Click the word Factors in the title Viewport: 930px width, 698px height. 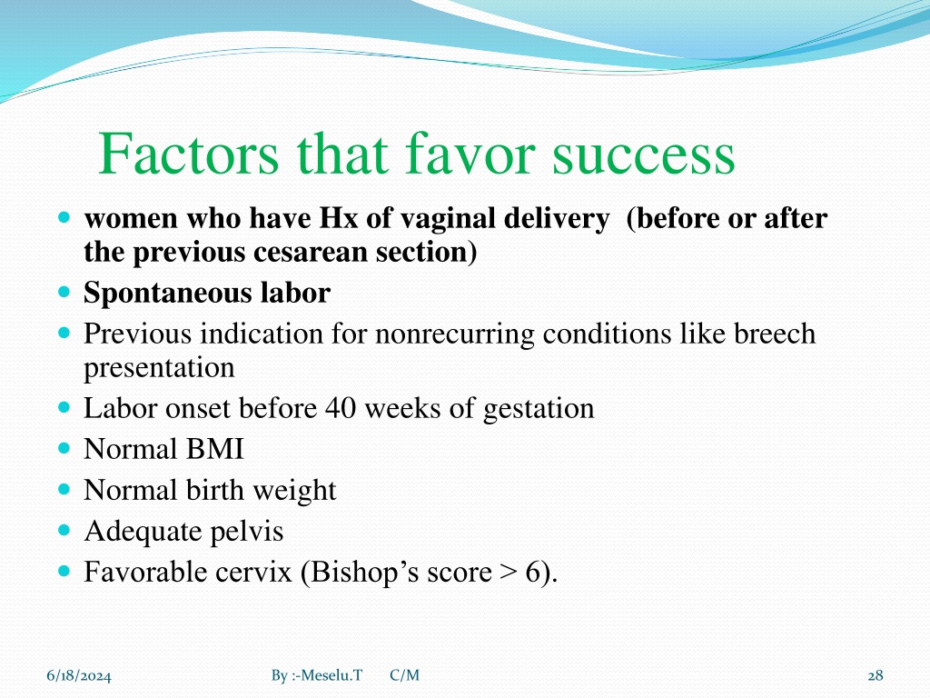coord(188,153)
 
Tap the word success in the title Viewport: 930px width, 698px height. coord(644,156)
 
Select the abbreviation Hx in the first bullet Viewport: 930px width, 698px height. coord(339,218)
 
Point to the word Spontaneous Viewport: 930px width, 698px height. coord(168,294)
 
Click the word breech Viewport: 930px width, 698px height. coord(775,333)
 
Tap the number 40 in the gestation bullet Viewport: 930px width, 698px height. coord(340,408)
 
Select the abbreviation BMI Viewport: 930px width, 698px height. coord(214,449)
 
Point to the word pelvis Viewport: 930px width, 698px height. coord(247,532)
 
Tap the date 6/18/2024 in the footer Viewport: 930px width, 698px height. coord(79,675)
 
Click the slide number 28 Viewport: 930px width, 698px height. coord(876,675)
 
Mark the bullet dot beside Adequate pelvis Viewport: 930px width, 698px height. coord(64,530)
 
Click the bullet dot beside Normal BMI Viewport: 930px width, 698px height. coord(64,447)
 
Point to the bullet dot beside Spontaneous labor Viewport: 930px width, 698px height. coord(64,292)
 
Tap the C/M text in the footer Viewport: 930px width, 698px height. coord(404,675)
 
